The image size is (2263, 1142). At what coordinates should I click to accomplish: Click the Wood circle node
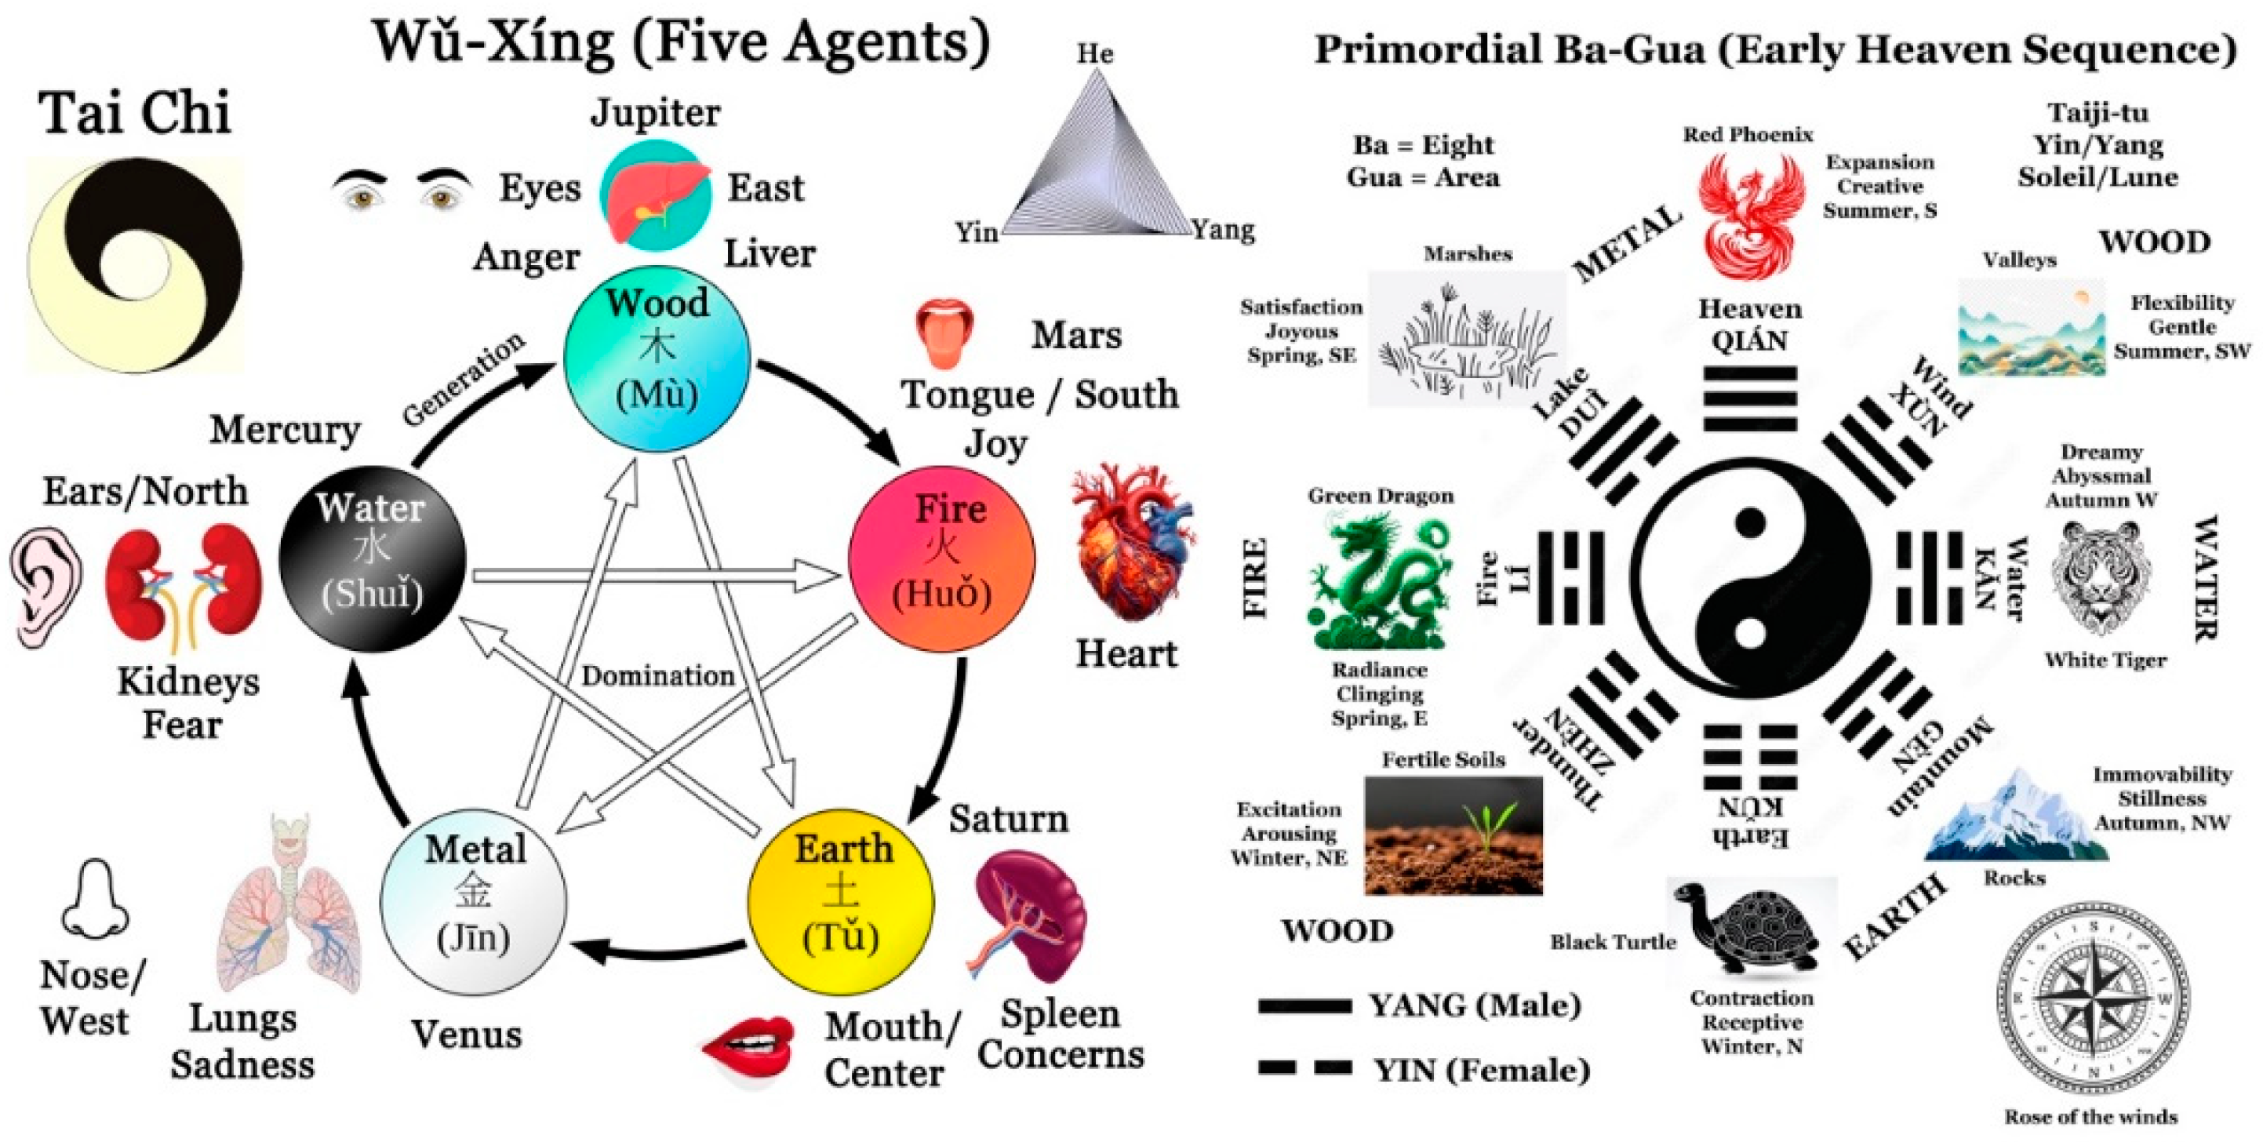tap(657, 358)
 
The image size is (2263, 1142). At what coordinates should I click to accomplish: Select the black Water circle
tap(372, 558)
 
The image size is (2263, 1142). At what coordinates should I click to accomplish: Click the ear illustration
tap(46, 586)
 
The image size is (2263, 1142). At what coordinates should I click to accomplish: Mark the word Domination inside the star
tap(657, 675)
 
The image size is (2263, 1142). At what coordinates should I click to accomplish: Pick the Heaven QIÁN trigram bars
tap(1750, 398)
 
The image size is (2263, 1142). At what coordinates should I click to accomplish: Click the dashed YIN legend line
tap(1304, 1068)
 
